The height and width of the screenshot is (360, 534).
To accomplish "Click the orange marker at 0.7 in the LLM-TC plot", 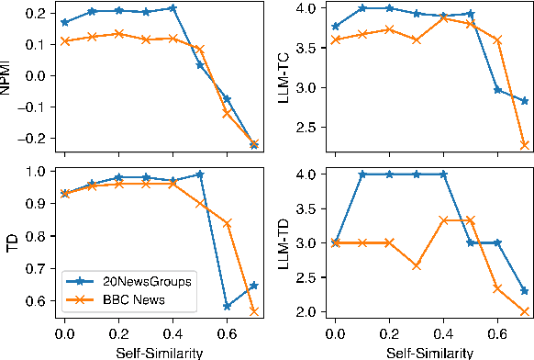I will pos(523,144).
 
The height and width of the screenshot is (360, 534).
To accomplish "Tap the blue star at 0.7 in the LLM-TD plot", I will pos(523,290).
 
